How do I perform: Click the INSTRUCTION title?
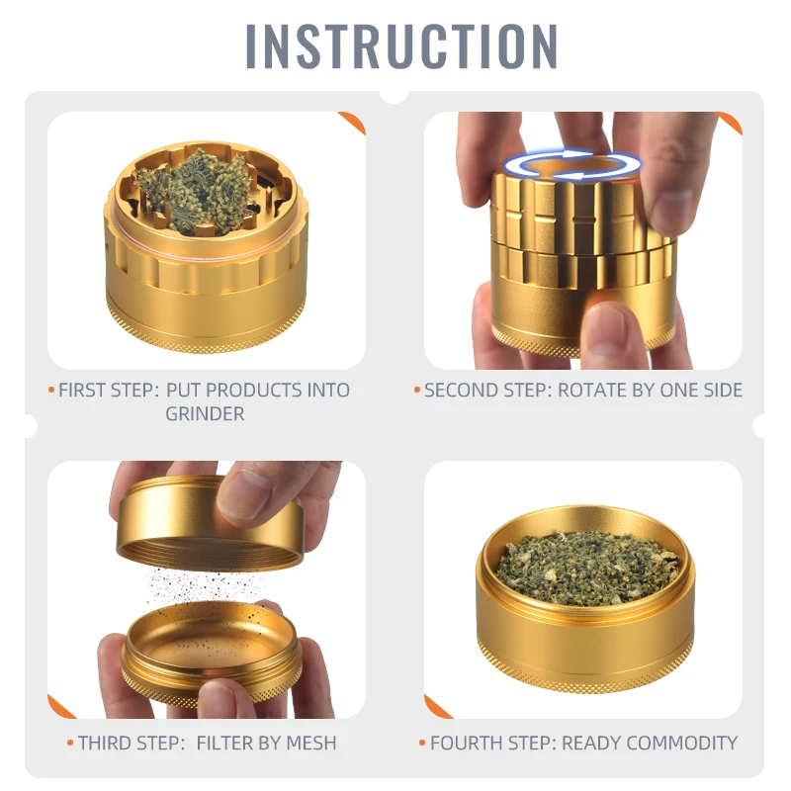pyautogui.click(x=401, y=44)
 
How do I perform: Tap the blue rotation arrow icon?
pyautogui.click(x=570, y=165)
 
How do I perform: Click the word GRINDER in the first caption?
pyautogui.click(x=205, y=413)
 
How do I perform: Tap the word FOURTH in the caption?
pyautogui.click(x=466, y=742)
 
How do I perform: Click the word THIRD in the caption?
pyautogui.click(x=106, y=742)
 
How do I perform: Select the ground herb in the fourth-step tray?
pyautogui.click(x=584, y=566)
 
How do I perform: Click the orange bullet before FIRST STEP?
pyautogui.click(x=51, y=390)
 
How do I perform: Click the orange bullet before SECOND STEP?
pyautogui.click(x=417, y=390)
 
